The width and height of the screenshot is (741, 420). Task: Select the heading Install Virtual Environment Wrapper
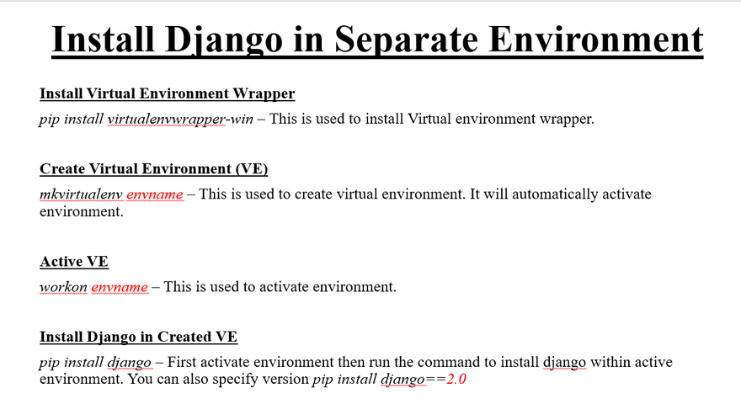168,93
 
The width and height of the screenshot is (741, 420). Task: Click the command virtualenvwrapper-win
180,119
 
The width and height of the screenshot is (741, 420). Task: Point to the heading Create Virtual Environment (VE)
153,168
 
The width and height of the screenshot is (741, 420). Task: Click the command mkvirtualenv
81,194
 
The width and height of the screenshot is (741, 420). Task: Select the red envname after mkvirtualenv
155,194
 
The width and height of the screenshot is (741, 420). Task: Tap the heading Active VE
74,261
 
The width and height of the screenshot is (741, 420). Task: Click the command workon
63,287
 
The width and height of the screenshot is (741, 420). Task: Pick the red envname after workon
120,287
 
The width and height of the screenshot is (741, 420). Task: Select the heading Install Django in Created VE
138,337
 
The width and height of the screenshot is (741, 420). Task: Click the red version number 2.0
456,379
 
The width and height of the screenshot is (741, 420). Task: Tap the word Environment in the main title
596,39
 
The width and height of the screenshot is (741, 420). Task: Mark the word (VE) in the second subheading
252,168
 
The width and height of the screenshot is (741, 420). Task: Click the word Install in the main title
103,39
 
